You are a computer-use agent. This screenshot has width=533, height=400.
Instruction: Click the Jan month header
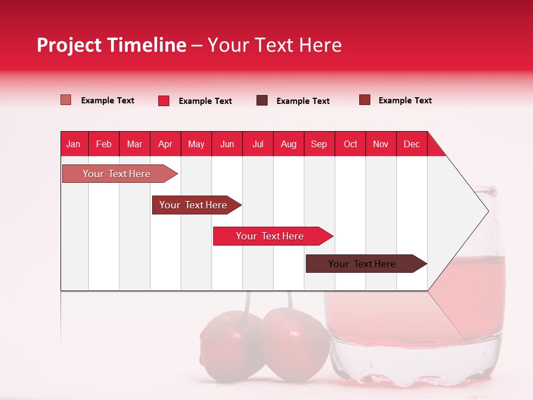tap(74, 144)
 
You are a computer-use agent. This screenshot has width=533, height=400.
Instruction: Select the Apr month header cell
tap(165, 144)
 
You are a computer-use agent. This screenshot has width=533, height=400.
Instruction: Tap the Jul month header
tap(258, 144)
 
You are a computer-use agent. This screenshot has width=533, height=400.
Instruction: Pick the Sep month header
tap(319, 144)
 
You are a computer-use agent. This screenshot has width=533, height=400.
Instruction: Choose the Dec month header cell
tap(411, 144)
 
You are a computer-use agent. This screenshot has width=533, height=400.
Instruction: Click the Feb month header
tap(104, 144)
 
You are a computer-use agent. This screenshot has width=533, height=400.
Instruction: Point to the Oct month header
tap(350, 144)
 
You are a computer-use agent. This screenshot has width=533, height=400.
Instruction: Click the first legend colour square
tap(66, 100)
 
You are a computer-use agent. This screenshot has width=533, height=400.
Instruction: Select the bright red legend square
tap(164, 101)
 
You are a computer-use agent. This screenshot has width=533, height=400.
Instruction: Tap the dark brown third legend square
tap(262, 101)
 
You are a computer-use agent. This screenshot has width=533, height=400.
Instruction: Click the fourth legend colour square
tap(365, 100)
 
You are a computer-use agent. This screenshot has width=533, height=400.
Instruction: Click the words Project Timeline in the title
tap(112, 45)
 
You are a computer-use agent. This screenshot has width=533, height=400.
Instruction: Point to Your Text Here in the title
tap(274, 45)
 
